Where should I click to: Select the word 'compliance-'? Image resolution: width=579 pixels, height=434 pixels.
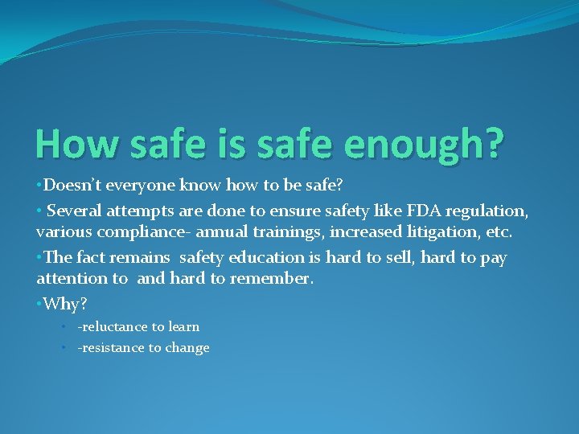pos(149,233)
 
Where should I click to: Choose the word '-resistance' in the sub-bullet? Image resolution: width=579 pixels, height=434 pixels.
pos(109,348)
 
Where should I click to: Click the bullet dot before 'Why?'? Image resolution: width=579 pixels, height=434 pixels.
pos(39,304)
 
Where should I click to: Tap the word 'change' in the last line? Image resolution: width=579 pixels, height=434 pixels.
pos(188,348)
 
